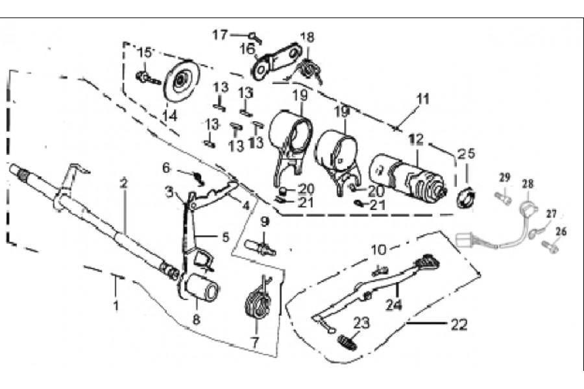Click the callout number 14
tap(169, 116)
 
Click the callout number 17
tap(221, 33)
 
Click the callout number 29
tap(505, 177)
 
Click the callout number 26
tap(561, 231)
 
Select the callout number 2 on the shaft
tap(123, 182)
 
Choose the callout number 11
tap(423, 100)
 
